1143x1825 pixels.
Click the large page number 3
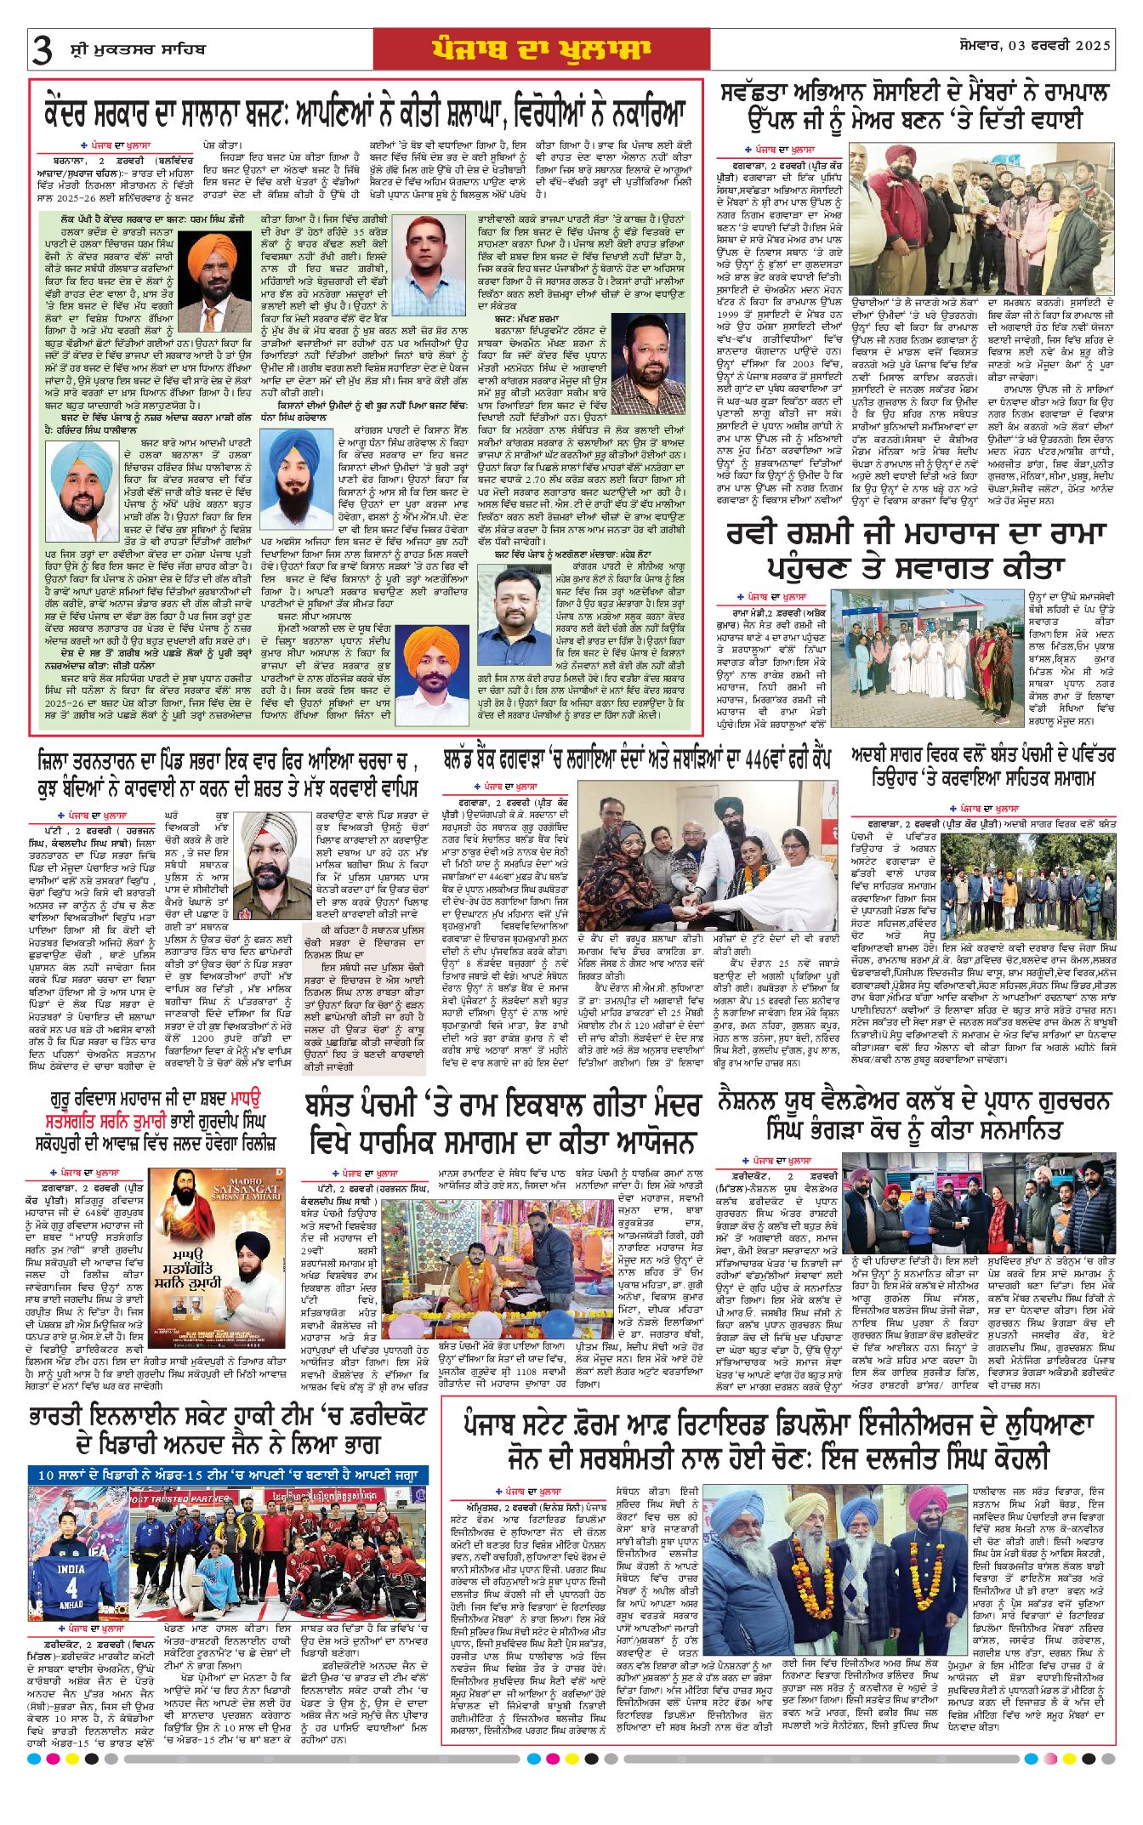42,51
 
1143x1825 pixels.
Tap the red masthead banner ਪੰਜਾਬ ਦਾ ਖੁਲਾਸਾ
541,49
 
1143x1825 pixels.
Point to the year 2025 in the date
1093,45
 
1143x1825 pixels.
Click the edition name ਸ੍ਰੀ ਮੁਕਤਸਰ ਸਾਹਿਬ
138,50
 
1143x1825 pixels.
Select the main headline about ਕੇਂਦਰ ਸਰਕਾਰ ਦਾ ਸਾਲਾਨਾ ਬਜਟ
366,113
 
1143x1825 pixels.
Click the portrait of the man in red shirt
429,265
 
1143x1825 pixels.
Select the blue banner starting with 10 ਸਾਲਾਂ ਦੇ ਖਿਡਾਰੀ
228,1475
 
